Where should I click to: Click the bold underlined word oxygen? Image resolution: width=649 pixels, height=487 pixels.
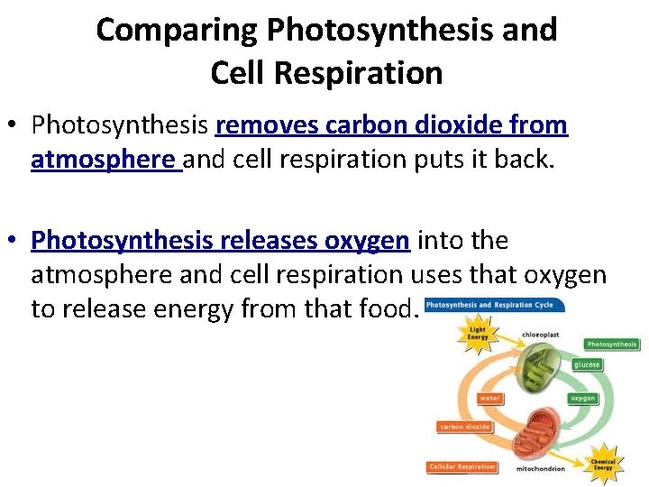click(x=367, y=241)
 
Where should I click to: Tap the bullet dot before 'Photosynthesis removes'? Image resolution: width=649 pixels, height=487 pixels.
click(x=16, y=125)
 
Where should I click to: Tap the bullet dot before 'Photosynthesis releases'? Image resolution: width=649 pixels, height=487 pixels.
click(x=16, y=241)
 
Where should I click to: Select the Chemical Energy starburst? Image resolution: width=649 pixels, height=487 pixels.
click(x=603, y=465)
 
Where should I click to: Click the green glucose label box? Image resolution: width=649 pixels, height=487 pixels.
click(x=586, y=364)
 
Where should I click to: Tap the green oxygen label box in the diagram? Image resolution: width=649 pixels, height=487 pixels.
click(x=583, y=398)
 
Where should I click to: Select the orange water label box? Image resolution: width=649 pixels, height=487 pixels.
click(x=491, y=398)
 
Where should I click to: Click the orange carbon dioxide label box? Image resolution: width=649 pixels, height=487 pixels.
click(x=465, y=427)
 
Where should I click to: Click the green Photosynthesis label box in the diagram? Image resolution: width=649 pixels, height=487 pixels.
click(x=612, y=344)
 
